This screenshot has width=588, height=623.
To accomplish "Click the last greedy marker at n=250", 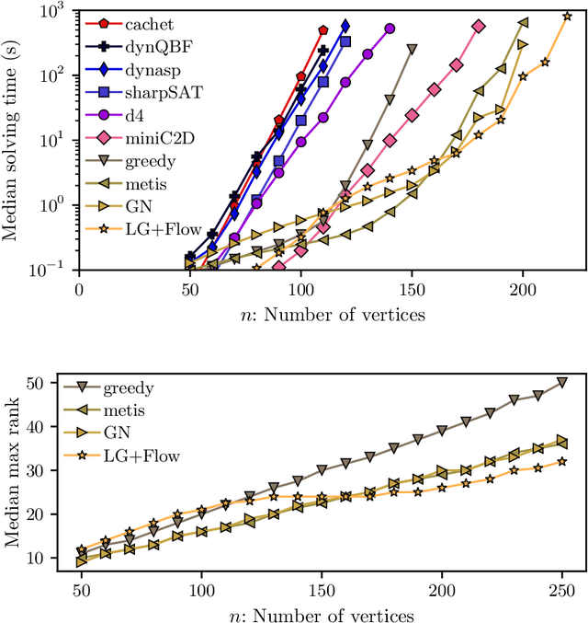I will click(x=562, y=383).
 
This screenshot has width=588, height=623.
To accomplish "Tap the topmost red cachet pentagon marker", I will click(x=323, y=30).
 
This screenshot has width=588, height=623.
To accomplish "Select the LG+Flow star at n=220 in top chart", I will click(x=567, y=15).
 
